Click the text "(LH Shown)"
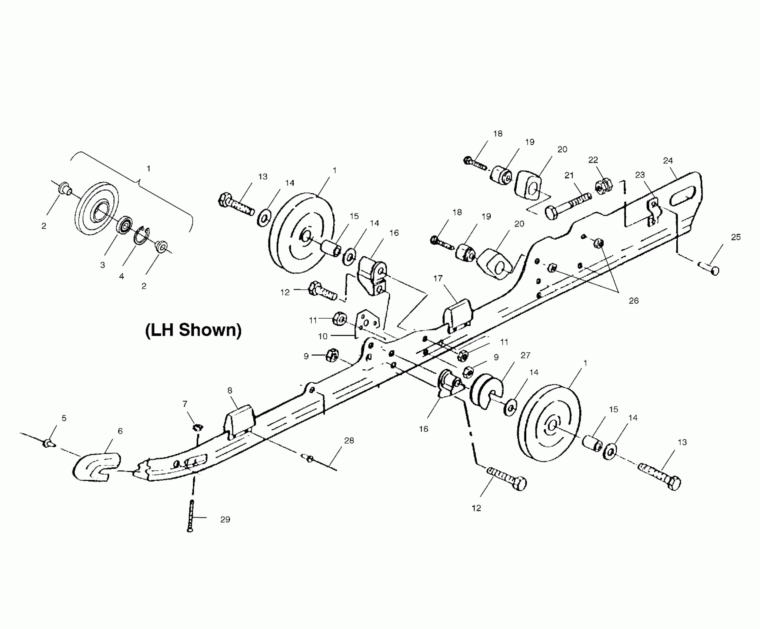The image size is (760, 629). coord(193,330)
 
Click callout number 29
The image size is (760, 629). coord(225,519)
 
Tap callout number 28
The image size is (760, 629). coord(349,440)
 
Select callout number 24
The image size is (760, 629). coord(668,161)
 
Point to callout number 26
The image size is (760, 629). coord(634,300)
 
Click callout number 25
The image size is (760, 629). coord(736,237)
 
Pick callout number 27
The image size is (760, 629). coord(525,355)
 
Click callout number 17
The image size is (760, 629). coord(438,278)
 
